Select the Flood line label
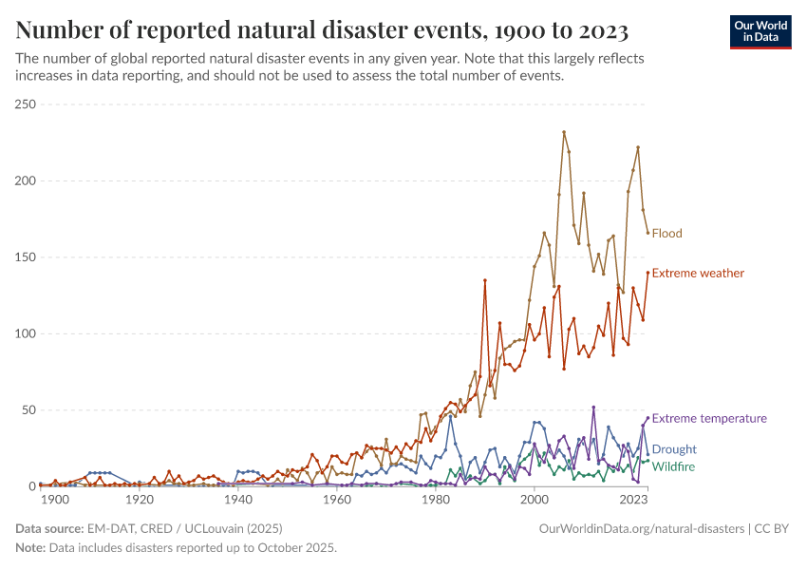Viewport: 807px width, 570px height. pyautogui.click(x=666, y=233)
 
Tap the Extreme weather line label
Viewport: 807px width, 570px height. pyautogui.click(x=698, y=273)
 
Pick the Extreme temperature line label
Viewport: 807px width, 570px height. pyautogui.click(x=709, y=418)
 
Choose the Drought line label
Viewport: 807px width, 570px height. pyautogui.click(x=674, y=449)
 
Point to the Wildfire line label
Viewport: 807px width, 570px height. pyautogui.click(x=673, y=466)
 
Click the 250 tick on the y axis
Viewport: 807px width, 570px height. pyautogui.click(x=26, y=104)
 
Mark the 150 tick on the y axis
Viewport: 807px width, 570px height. pyautogui.click(x=26, y=257)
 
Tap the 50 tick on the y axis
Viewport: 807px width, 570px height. pyautogui.click(x=28, y=410)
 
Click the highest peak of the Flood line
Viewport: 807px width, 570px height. pyautogui.click(x=564, y=132)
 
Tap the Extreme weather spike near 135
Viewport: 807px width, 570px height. pyautogui.click(x=485, y=280)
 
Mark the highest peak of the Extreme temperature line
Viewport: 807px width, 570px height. pyautogui.click(x=593, y=408)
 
